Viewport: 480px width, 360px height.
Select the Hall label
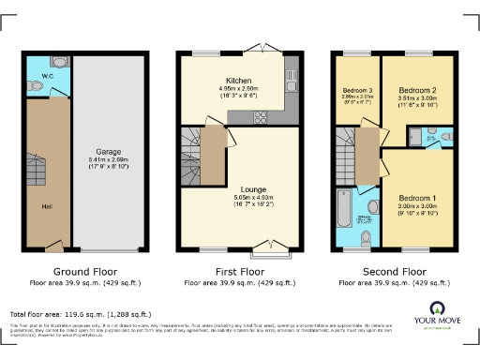pos(46,205)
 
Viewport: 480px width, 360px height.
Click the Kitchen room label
pos(226,82)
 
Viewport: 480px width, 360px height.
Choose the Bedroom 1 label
pos(416,198)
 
